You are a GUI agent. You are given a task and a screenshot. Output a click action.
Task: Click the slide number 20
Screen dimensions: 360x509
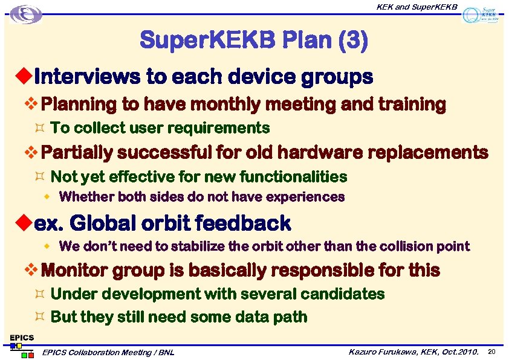tap(492, 352)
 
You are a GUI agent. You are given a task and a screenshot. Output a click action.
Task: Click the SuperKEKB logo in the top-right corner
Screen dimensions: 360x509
tap(482, 14)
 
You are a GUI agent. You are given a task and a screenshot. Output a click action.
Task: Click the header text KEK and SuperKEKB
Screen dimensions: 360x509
tap(417, 7)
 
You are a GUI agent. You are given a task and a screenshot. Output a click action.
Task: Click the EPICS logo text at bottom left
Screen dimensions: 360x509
tap(22, 337)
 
